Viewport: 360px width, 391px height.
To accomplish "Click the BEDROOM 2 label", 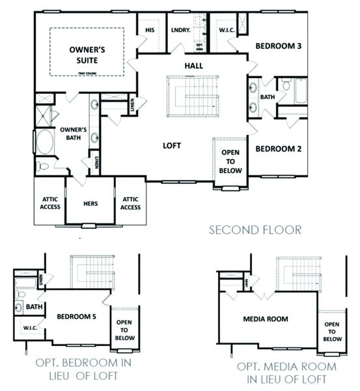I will (x=278, y=149).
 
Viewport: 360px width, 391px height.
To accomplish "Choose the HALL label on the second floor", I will (x=193, y=65).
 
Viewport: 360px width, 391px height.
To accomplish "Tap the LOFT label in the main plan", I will (x=171, y=145).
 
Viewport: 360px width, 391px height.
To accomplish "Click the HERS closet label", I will (x=90, y=203).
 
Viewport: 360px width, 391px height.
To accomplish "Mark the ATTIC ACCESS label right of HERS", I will (x=130, y=203).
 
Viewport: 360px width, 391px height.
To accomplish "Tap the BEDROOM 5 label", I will (x=76, y=317).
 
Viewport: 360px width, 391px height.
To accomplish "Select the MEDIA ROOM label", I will (x=266, y=319).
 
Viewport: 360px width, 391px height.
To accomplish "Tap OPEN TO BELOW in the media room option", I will (x=331, y=332).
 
